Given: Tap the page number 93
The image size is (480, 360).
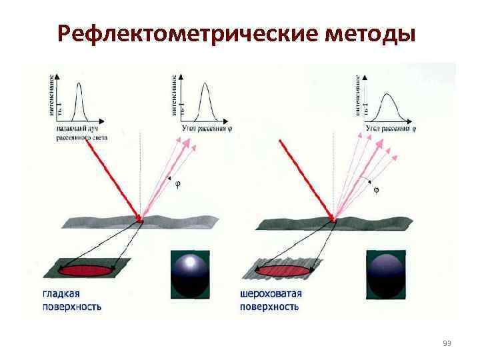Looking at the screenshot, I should click(x=447, y=343).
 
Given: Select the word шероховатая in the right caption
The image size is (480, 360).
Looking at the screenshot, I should click(x=271, y=293).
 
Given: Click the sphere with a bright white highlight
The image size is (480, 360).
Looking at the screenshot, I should click(x=190, y=273).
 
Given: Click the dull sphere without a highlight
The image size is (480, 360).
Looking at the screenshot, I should click(x=386, y=273).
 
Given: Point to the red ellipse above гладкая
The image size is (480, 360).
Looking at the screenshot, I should click(x=87, y=271).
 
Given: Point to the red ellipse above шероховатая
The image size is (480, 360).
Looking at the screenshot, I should click(x=283, y=271).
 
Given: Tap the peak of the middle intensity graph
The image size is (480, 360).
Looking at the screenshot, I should click(x=205, y=90).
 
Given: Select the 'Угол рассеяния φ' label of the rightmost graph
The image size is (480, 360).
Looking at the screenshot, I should click(x=391, y=127).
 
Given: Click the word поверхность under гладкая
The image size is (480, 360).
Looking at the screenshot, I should click(x=72, y=307).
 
